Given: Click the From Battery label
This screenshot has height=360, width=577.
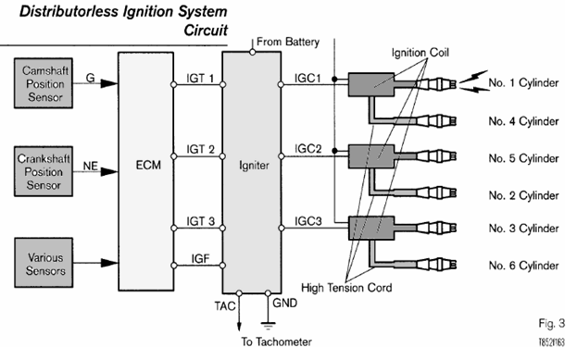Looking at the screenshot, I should [x=288, y=43].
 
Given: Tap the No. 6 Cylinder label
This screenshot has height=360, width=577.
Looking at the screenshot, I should [x=523, y=267].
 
